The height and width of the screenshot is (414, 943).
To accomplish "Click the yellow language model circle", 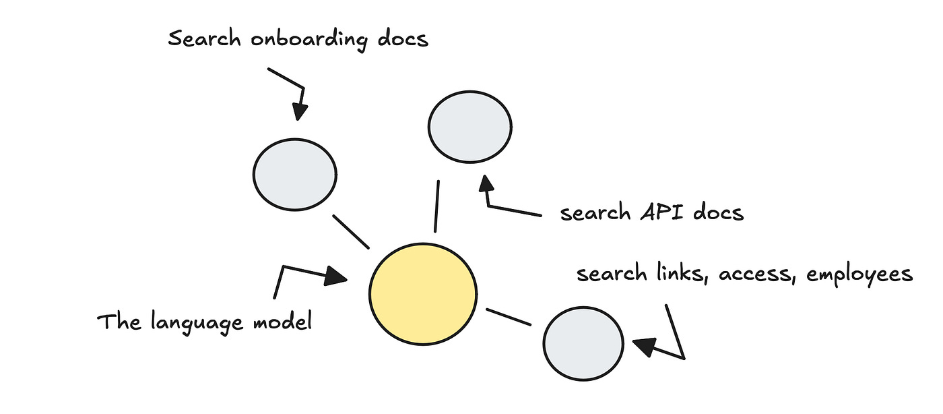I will [423, 294].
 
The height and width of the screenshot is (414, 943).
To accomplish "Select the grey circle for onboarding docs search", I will [294, 173].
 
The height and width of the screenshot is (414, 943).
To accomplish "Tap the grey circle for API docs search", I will [470, 126].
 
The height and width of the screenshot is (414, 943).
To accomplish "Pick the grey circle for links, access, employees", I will [583, 343].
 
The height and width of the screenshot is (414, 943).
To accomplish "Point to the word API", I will [655, 213].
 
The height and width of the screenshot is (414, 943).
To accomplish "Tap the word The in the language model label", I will [118, 322].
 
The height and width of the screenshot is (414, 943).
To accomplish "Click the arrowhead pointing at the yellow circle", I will [336, 276].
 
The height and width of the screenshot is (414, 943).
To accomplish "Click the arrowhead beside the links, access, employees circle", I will [643, 345].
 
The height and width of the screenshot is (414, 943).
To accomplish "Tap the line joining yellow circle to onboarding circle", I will [350, 231].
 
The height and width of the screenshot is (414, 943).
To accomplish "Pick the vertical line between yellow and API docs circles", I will [437, 206].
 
